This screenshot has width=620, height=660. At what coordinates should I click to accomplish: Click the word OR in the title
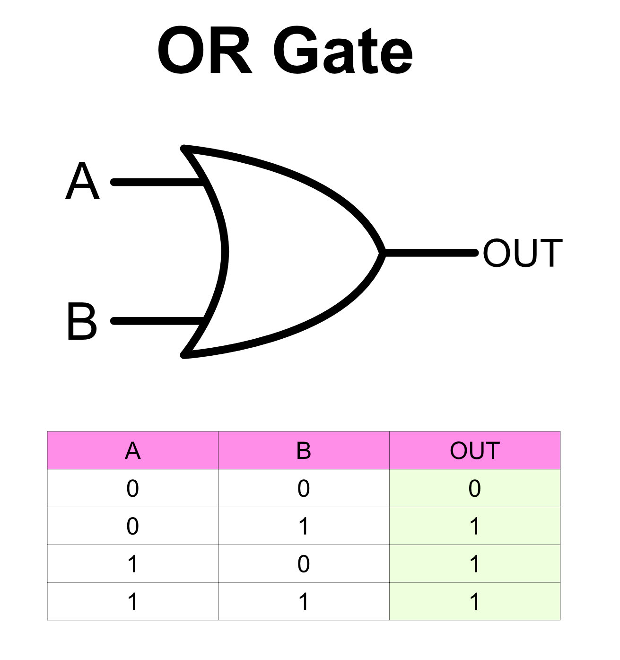[204, 51]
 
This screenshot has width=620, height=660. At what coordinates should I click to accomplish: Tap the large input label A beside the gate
[83, 182]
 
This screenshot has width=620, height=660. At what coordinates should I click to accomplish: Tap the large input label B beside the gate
[82, 322]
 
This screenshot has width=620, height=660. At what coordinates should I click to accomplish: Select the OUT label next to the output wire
[523, 254]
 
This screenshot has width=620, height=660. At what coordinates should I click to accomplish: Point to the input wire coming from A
[156, 182]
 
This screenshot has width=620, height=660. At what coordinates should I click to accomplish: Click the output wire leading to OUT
[430, 253]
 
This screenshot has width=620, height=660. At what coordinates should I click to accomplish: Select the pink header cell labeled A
[133, 450]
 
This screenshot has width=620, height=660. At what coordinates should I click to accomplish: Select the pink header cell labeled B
[304, 450]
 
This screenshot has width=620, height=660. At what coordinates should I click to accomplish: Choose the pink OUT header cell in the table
[475, 450]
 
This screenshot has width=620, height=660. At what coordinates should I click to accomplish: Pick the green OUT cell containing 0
[475, 488]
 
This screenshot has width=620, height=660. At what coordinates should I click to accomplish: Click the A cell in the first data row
[133, 488]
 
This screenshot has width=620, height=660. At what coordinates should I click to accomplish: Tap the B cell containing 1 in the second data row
[304, 526]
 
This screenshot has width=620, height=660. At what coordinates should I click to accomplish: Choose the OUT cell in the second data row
[475, 526]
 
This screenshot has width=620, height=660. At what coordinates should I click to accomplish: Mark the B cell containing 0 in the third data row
[304, 564]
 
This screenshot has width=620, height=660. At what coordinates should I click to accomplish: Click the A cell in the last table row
[133, 601]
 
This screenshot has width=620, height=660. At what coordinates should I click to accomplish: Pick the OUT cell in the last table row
[475, 601]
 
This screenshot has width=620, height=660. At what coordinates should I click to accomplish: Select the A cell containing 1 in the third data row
[133, 564]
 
